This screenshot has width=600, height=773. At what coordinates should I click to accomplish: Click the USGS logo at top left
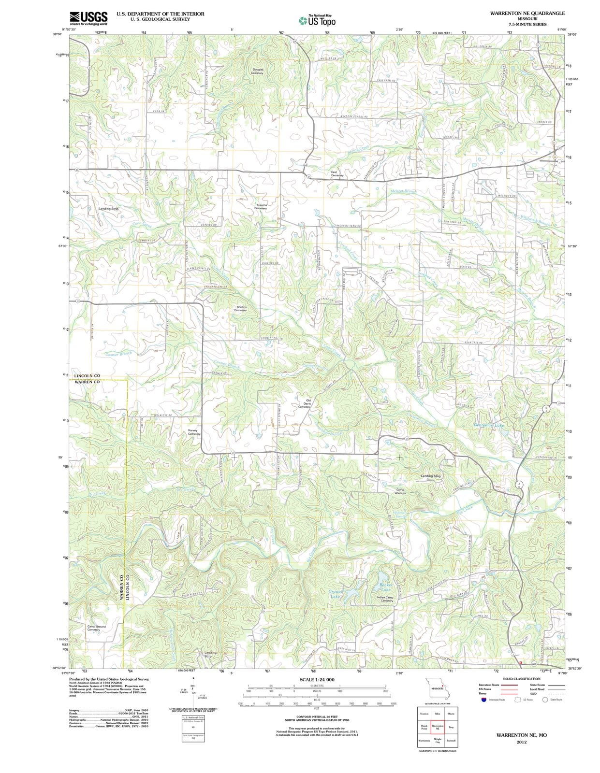pyautogui.click(x=88, y=18)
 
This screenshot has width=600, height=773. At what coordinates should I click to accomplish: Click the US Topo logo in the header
pyautogui.click(x=317, y=20)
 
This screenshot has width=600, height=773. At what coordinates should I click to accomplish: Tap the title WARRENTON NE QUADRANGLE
pyautogui.click(x=527, y=13)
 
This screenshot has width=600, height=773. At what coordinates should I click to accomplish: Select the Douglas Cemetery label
pyautogui.click(x=258, y=71)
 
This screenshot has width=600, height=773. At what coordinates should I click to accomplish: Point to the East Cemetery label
pyautogui.click(x=334, y=173)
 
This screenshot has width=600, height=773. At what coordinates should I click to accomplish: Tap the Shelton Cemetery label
pyautogui.click(x=241, y=308)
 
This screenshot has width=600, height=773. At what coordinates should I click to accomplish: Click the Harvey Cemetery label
pyautogui.click(x=193, y=432)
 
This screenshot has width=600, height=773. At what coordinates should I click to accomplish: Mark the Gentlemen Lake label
pyautogui.click(x=489, y=425)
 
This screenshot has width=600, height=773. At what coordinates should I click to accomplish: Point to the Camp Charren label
pyautogui.click(x=400, y=491)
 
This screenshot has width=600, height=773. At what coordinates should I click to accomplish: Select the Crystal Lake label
pyautogui.click(x=335, y=594)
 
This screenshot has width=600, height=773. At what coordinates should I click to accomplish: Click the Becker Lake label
pyautogui.click(x=386, y=587)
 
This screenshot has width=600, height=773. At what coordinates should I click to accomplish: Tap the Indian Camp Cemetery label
pyautogui.click(x=387, y=599)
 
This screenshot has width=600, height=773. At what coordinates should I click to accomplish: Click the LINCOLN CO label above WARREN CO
pyautogui.click(x=87, y=375)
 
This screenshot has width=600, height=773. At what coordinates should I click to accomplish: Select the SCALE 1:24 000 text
pyautogui.click(x=317, y=680)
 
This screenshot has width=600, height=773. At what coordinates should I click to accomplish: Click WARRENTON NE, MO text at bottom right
pyautogui.click(x=521, y=735)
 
